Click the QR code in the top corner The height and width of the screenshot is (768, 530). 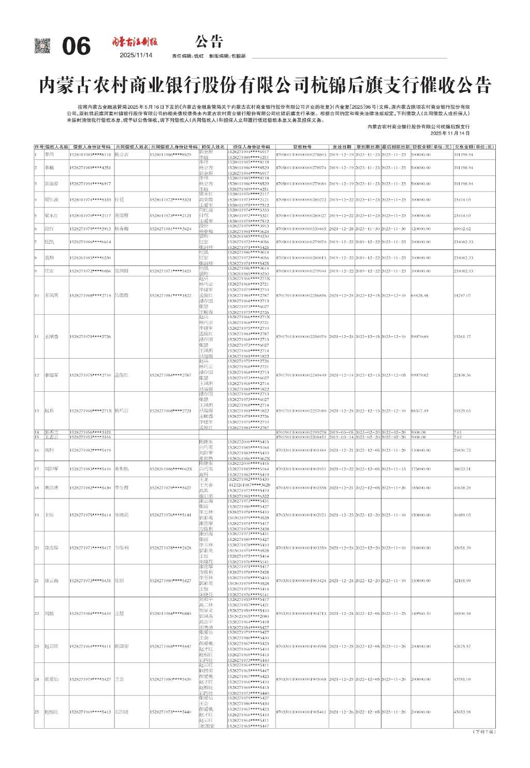42,46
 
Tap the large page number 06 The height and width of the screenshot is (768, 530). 76,47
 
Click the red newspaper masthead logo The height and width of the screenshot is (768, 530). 136,42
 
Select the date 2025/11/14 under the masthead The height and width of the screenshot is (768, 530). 136,55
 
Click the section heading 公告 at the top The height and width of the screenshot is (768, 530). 209,41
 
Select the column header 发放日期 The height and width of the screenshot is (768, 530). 342,147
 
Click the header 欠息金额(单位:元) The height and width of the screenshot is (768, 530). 474,147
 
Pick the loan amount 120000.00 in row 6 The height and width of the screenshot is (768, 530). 421,228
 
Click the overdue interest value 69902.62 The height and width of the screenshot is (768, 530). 462,228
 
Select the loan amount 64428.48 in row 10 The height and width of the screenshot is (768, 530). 420,296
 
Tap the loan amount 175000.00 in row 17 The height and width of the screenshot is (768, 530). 421,469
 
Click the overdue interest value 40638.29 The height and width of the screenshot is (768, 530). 462,488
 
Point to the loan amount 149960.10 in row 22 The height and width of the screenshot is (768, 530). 421,613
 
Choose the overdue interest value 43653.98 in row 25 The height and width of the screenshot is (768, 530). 462,712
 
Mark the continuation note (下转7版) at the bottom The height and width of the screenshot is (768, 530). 484,731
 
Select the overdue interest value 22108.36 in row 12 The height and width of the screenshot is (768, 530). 462,375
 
